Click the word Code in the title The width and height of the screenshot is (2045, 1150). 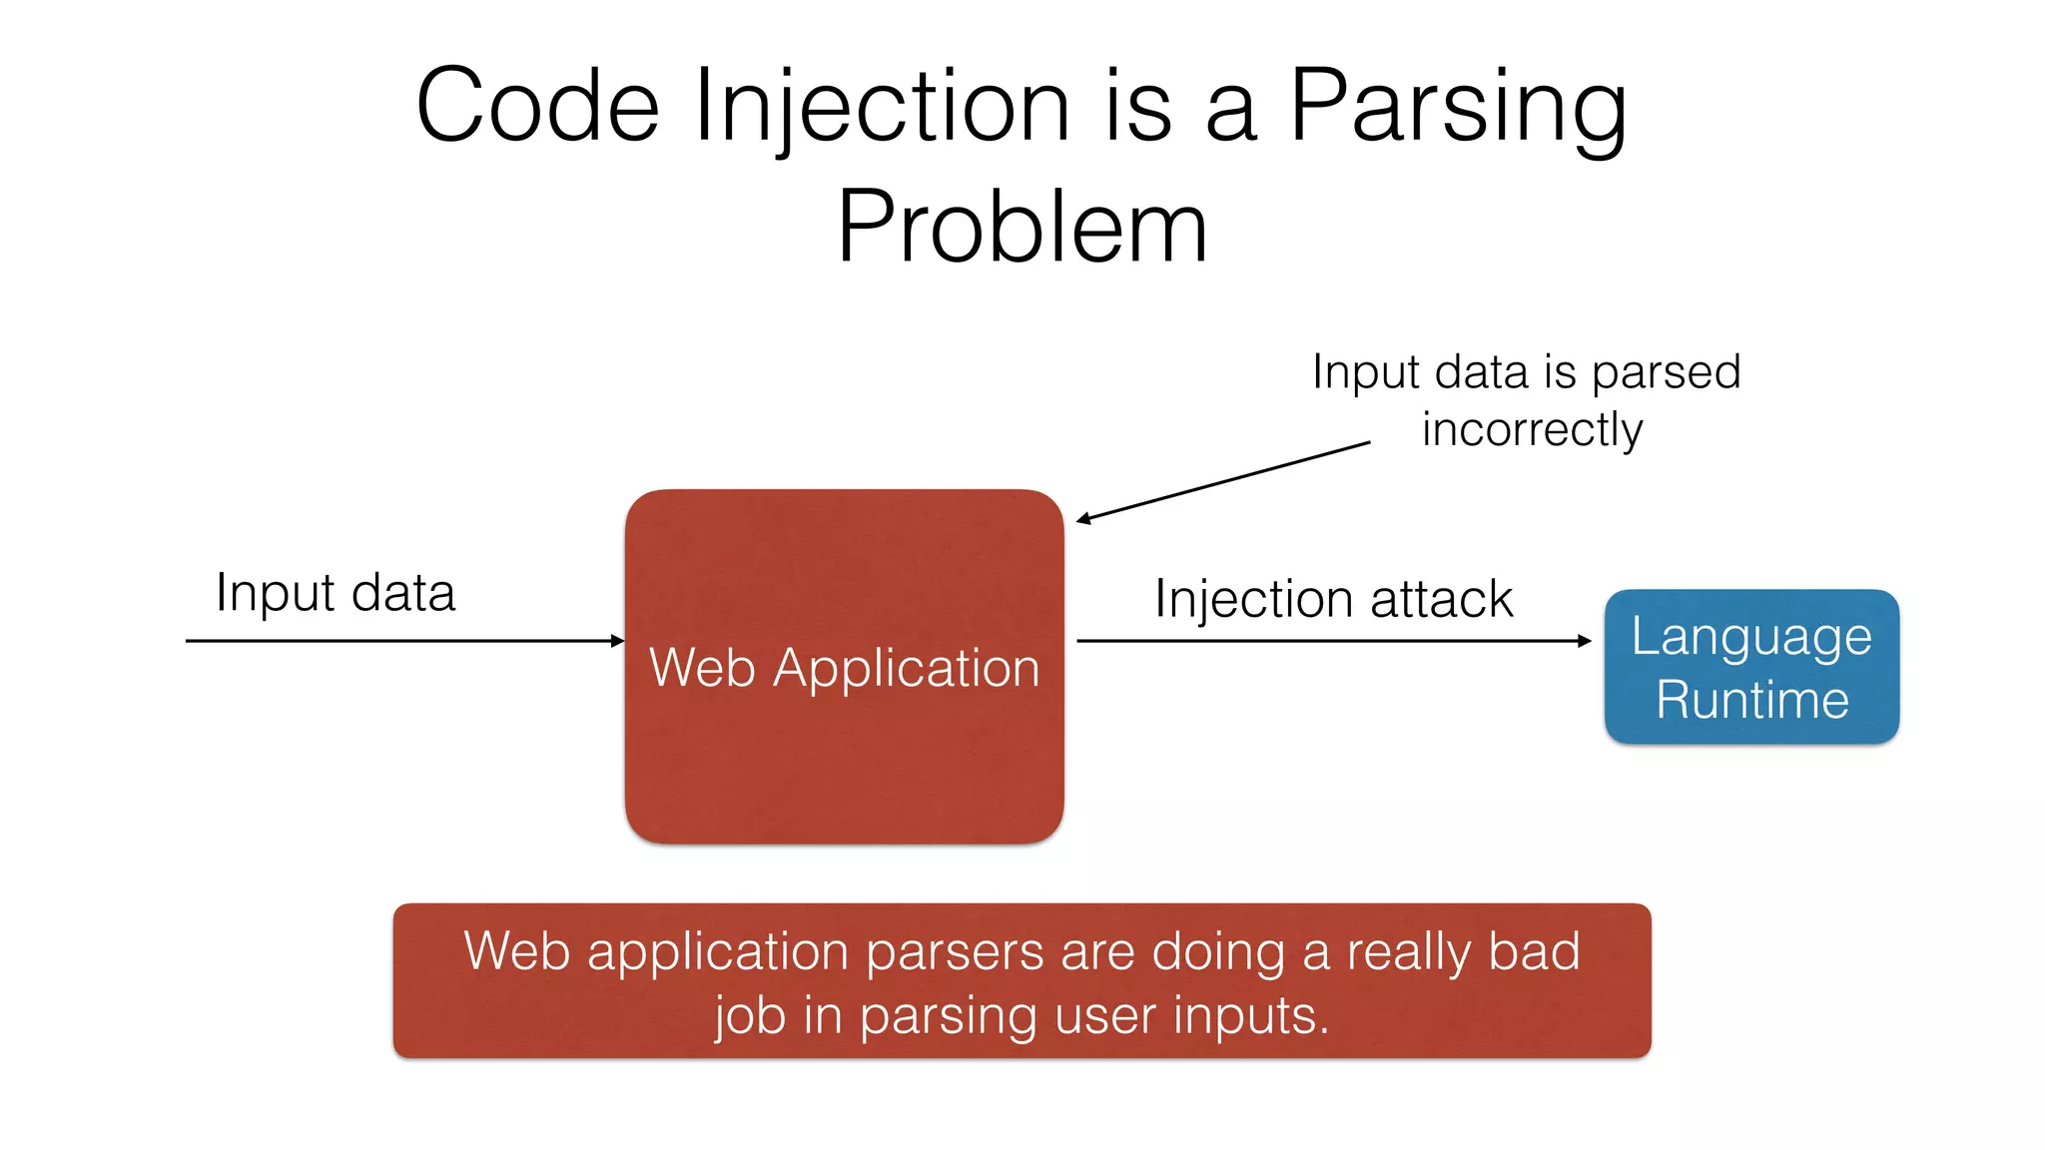pyautogui.click(x=537, y=107)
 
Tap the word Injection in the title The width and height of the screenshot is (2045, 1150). pyautogui.click(x=882, y=107)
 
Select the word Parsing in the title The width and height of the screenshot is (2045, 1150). pyautogui.click(x=1458, y=107)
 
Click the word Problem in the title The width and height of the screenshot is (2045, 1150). pyautogui.click(x=1022, y=228)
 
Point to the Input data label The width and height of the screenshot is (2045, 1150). pyautogui.click(x=336, y=593)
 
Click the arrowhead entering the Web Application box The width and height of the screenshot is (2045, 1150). pyautogui.click(x=618, y=641)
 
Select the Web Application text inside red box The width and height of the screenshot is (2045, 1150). pyautogui.click(x=844, y=667)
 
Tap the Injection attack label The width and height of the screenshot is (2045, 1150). pyautogui.click(x=1333, y=599)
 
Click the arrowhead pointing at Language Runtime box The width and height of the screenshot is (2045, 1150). pyautogui.click(x=1585, y=641)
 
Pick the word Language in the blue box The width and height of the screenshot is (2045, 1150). pyautogui.click(x=1751, y=637)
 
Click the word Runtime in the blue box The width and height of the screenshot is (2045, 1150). pyautogui.click(x=1751, y=699)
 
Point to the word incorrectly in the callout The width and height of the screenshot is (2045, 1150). pyautogui.click(x=1532, y=430)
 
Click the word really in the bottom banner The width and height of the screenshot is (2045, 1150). pyautogui.click(x=1408, y=952)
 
